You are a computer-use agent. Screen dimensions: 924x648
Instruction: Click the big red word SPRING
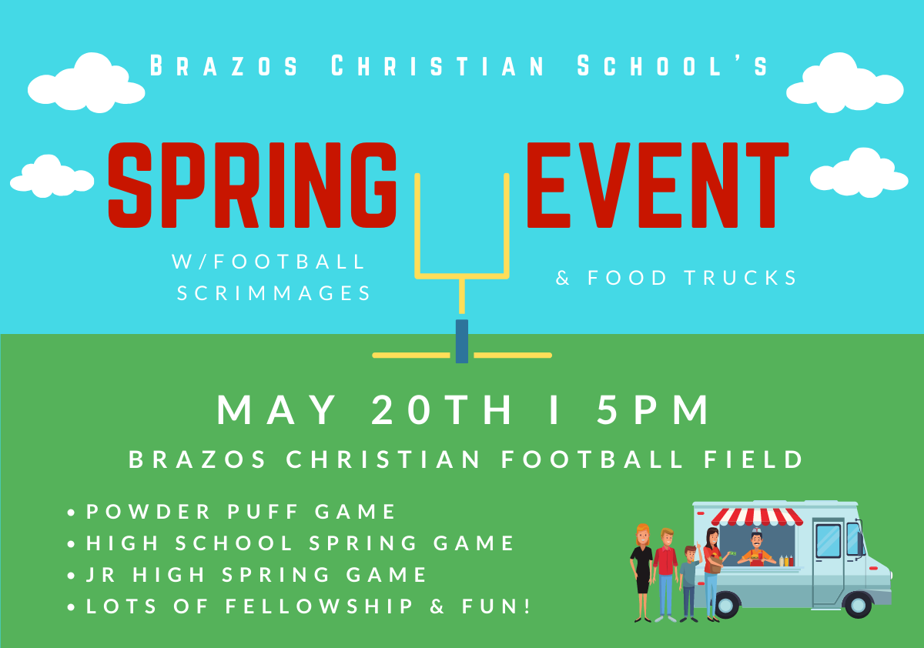[252, 185]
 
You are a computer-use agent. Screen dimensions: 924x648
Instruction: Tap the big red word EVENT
[658, 185]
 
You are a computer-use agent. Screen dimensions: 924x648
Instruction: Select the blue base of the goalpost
[461, 341]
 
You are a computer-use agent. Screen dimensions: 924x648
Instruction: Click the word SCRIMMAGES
[274, 293]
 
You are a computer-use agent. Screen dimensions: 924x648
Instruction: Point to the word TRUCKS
[741, 277]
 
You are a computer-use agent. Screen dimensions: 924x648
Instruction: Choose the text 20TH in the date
[441, 409]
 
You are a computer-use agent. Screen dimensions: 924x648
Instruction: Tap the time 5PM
[653, 409]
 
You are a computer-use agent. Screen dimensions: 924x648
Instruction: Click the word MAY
[276, 409]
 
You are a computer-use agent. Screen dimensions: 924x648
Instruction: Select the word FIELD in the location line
[753, 459]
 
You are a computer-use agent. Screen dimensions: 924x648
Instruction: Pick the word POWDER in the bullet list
[149, 512]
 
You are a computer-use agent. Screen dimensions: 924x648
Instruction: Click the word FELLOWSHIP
[320, 606]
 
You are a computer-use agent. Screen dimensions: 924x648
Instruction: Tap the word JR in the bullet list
[100, 575]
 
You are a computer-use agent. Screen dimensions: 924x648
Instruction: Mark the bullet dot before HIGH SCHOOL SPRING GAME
[71, 544]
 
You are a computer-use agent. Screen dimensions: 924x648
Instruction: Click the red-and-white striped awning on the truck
[757, 517]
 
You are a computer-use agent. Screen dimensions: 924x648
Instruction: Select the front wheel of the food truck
[859, 605]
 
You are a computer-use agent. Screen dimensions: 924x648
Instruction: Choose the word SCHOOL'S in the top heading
[672, 65]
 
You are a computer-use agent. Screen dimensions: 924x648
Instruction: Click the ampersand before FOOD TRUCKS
[562, 277]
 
